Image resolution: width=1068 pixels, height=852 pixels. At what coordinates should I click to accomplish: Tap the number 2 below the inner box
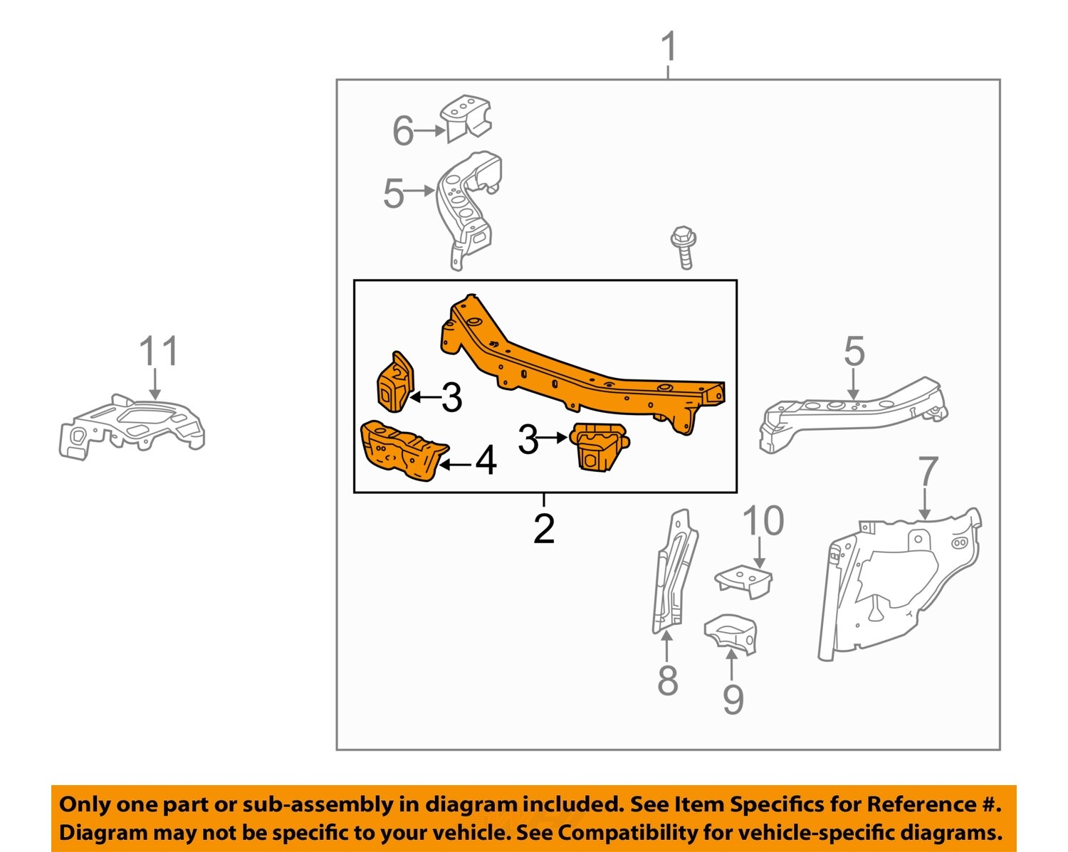543,529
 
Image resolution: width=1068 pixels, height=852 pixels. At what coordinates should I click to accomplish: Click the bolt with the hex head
684,248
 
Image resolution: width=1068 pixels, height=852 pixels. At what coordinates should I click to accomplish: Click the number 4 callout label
486,461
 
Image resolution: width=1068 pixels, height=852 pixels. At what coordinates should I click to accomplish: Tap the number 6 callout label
403,131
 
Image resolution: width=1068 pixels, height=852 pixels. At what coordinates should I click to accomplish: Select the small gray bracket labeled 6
466,117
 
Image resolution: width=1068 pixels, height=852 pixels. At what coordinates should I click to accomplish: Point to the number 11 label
158,351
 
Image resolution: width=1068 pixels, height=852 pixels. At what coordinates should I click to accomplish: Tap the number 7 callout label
928,472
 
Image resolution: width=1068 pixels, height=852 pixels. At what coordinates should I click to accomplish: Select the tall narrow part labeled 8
671,573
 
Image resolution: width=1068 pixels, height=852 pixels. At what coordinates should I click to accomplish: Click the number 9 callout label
733,700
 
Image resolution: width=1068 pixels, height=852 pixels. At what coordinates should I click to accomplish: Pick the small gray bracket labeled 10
745,579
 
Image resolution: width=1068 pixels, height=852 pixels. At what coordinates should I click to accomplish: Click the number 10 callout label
763,521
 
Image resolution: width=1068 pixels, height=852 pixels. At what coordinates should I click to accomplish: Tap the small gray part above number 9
731,633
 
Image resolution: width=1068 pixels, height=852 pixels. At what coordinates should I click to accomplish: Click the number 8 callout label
667,680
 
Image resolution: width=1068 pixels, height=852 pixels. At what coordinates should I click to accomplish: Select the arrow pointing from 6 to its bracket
429,131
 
